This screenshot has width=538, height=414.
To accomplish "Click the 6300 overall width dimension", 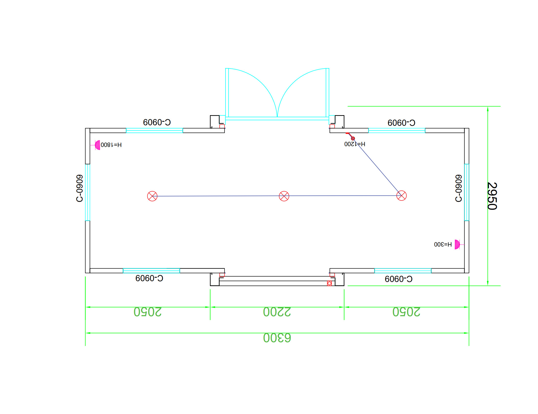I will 277,338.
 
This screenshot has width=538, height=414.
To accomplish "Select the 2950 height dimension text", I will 492,196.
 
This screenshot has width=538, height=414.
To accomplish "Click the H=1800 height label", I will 111,145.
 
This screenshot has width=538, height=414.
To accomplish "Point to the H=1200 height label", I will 355,144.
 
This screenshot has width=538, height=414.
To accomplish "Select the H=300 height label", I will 443,245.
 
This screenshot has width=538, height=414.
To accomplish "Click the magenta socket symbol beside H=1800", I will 97,145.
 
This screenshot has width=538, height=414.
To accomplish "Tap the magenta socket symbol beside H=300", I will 457,245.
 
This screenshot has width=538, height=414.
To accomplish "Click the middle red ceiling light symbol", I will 284,196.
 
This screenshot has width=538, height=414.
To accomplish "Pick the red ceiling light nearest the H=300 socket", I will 401,196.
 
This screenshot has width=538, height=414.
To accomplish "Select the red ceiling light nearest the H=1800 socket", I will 152,196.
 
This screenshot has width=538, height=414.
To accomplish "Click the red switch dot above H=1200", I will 353,138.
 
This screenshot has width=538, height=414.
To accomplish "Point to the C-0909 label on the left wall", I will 80,188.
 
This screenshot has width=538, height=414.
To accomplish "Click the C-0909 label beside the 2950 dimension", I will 458,188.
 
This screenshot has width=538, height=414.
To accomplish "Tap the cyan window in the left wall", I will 87,192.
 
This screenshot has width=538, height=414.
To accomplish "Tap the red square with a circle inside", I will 329,283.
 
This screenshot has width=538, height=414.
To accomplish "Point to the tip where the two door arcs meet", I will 277,116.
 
